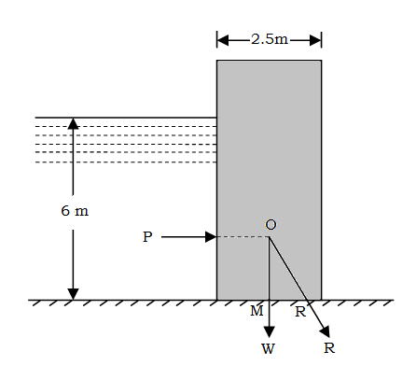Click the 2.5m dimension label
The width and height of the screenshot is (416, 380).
[x=270, y=39]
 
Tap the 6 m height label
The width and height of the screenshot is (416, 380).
[x=75, y=211]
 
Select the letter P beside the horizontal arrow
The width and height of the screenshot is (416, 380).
[x=147, y=237]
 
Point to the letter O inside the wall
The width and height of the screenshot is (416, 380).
[x=270, y=224]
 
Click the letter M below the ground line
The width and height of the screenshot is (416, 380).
[x=257, y=311]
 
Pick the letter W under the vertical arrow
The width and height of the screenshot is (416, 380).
[x=268, y=348]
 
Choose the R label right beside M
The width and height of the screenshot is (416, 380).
[x=300, y=312]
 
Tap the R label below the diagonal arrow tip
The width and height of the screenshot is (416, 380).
[x=329, y=347]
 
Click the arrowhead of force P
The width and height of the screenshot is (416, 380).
[x=211, y=237]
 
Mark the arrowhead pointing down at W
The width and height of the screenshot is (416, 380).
[x=269, y=332]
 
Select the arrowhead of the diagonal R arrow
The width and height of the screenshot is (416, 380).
[x=326, y=331]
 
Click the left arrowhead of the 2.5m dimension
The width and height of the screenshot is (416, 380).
[x=223, y=40]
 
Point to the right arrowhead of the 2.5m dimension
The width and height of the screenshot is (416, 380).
[x=315, y=40]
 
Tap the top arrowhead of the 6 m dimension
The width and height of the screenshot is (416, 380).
[x=73, y=123]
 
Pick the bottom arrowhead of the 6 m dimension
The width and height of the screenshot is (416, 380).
[x=73, y=294]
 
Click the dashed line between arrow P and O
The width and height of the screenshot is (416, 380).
[x=243, y=237]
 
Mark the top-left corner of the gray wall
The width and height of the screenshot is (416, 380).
[x=217, y=61]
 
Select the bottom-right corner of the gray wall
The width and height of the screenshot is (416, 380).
[x=321, y=300]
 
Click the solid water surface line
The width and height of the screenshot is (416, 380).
[x=126, y=118]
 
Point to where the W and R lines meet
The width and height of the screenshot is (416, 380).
[x=270, y=237]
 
